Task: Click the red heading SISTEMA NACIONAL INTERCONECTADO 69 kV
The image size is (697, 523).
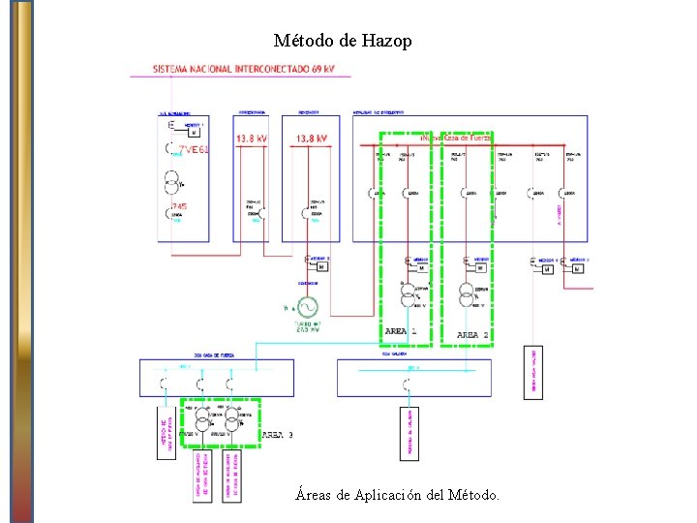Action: (244, 70)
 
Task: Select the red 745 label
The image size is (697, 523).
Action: (179, 207)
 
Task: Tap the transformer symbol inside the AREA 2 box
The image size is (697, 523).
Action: (467, 292)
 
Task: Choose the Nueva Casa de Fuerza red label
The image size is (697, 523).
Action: (455, 138)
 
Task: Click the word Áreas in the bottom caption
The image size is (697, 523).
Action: (313, 495)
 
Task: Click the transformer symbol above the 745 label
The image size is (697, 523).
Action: (173, 182)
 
